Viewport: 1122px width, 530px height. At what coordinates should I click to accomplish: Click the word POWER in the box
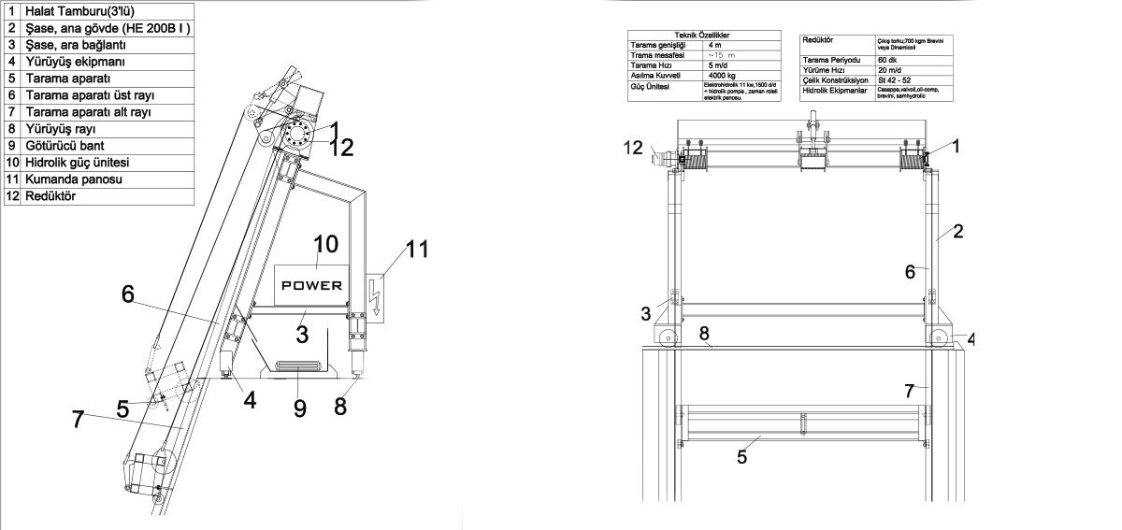pos(312,285)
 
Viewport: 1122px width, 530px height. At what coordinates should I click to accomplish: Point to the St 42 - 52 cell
pos(890,80)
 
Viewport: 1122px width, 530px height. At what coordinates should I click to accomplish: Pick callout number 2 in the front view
pos(957,230)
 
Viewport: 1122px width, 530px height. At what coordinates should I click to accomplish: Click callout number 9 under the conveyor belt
pos(300,408)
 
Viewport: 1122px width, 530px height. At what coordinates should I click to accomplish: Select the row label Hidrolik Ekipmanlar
pos(835,92)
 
